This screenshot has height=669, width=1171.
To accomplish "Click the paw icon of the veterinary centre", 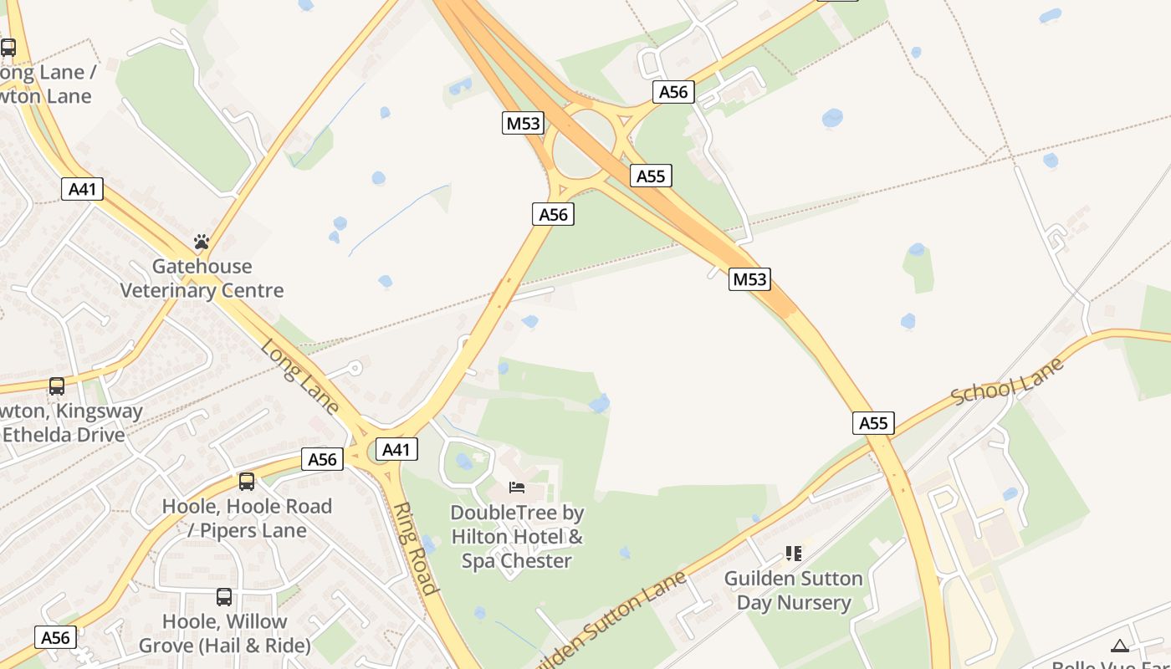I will pos(202,242).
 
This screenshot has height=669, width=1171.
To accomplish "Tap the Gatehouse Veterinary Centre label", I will pos(202,278).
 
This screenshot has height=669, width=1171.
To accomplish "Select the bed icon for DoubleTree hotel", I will pos(517,487).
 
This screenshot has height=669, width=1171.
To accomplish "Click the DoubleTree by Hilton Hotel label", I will pos(517,536).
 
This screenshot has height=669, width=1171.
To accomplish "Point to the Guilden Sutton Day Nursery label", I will pos(793,590).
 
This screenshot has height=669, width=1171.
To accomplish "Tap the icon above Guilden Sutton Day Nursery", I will pos(793,553).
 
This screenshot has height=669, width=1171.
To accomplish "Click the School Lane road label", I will pos(1007,381).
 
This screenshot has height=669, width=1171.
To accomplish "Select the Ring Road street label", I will pos(416,548).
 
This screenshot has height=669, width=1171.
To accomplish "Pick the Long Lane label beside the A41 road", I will pos(299,375).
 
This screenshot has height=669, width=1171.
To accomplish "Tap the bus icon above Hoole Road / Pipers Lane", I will pos(246,481).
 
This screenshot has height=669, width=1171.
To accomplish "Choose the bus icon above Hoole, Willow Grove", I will pos(224,596).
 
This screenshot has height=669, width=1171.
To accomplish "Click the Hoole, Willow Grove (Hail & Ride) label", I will pos(224,634).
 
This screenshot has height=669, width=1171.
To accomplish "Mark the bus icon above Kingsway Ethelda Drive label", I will pos(57,386).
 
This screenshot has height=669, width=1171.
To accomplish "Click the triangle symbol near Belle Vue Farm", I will pos(1120,646).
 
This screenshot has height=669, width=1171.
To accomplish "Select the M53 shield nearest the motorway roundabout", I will pos(524,124).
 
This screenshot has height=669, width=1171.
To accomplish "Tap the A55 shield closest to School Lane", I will pos(873,423).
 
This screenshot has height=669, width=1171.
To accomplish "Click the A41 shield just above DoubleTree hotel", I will pos(396,449).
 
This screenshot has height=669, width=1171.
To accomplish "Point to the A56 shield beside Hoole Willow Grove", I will pos(56,637).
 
